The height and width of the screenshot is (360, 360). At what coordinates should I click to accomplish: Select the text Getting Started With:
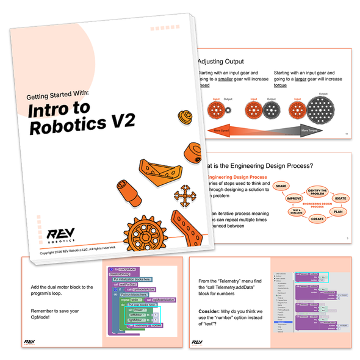(x=58, y=95)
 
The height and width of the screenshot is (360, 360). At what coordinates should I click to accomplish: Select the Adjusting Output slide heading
(x=220, y=62)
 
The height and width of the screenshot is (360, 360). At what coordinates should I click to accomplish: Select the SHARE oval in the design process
(x=281, y=185)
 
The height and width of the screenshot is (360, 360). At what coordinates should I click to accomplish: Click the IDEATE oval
(x=340, y=198)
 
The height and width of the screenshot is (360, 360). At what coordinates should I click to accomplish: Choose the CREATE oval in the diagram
(x=317, y=218)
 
